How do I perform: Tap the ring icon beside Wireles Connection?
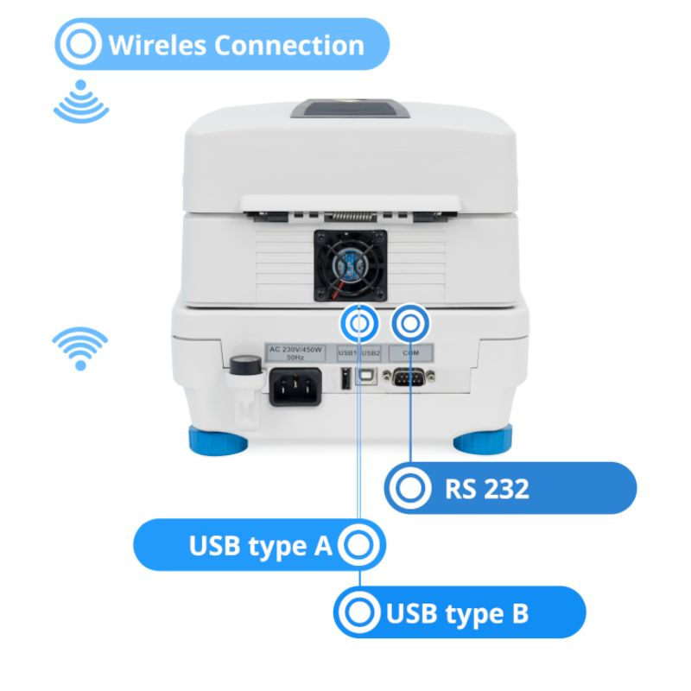tap(80, 44)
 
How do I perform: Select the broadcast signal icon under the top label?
tap(81, 102)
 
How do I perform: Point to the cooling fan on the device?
tap(350, 265)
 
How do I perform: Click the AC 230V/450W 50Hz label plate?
tap(295, 354)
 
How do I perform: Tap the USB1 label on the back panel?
tap(348, 354)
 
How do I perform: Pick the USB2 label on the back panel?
tap(370, 354)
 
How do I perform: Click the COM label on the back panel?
tap(411, 354)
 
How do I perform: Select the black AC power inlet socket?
tap(296, 386)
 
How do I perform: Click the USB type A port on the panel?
tap(345, 379)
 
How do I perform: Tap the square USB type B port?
tap(370, 377)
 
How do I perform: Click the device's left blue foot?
tap(218, 442)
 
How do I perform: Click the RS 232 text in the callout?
tap(487, 489)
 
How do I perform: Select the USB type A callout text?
tap(260, 546)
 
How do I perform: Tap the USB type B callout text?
tap(457, 614)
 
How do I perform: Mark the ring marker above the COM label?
tap(411, 324)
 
